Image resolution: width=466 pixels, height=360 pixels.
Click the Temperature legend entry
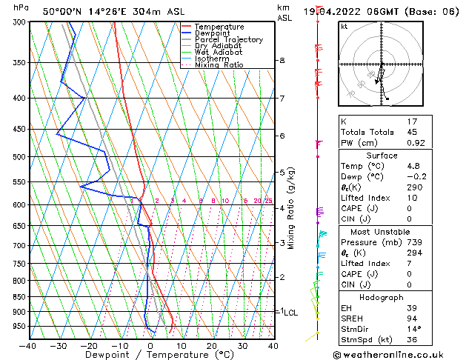(219, 27)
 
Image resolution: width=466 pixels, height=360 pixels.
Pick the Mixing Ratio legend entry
(219, 65)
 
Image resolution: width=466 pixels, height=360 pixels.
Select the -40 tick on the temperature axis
(28, 346)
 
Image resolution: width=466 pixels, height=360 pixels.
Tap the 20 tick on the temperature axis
(211, 346)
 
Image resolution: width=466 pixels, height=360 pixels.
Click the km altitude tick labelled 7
(282, 99)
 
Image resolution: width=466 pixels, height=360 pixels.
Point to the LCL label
(290, 313)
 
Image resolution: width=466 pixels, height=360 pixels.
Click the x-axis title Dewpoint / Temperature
(150, 356)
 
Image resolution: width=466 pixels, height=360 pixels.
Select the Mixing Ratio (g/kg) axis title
(292, 208)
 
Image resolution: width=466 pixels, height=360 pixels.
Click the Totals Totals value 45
(412, 133)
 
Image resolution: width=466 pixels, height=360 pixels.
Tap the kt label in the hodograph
(344, 26)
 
